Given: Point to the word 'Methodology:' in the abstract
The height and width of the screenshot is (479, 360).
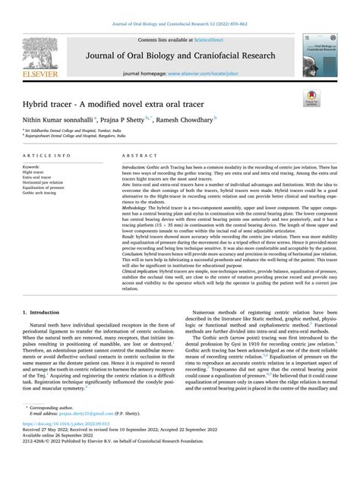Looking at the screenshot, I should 137,206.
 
